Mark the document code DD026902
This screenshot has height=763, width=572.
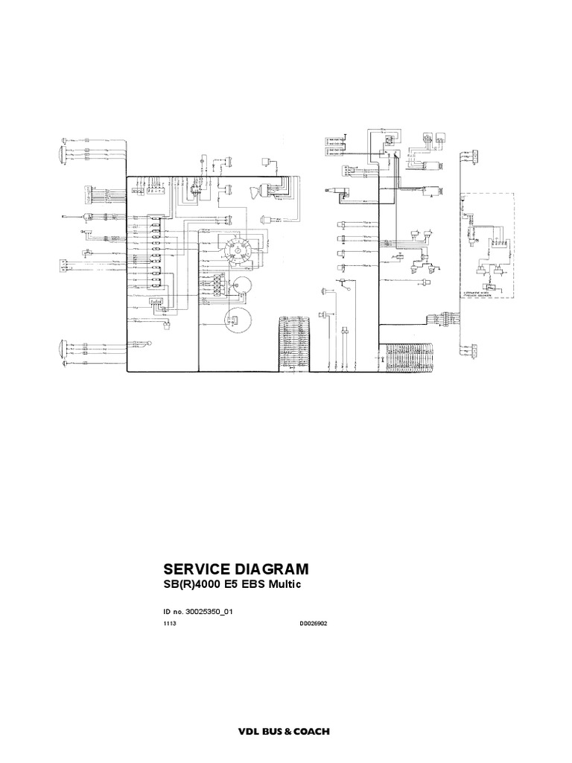click(314, 624)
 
